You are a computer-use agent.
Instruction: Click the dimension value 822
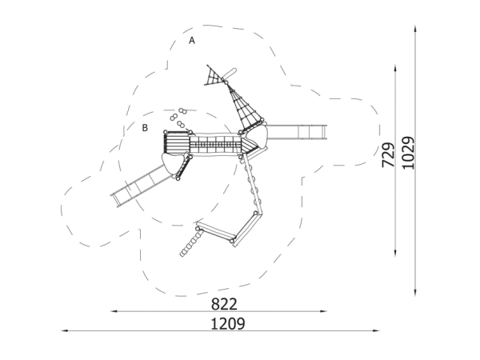[x=224, y=304]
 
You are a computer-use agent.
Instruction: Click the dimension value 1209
[x=228, y=323]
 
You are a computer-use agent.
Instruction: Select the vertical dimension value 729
[x=388, y=155]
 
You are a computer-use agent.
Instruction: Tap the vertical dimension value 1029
[x=408, y=153]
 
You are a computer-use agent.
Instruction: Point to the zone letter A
[x=192, y=41]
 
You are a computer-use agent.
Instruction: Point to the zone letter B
[x=145, y=128]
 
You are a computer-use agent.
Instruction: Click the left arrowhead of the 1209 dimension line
[x=64, y=331]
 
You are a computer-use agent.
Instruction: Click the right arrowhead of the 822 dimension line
[x=324, y=311]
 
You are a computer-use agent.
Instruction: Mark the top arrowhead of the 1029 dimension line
[x=415, y=29]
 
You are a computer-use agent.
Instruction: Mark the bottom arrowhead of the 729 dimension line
[x=395, y=253]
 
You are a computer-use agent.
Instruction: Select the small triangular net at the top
[x=215, y=76]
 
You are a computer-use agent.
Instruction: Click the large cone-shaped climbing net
[x=245, y=108]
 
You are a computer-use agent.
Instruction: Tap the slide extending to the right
[x=296, y=132]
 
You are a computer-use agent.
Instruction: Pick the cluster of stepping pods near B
[x=178, y=118]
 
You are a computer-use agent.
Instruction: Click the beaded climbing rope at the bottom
[x=191, y=242]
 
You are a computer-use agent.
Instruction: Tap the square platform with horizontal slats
[x=177, y=142]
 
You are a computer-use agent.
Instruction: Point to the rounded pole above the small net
[x=230, y=74]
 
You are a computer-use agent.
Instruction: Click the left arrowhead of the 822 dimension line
[x=114, y=311]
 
